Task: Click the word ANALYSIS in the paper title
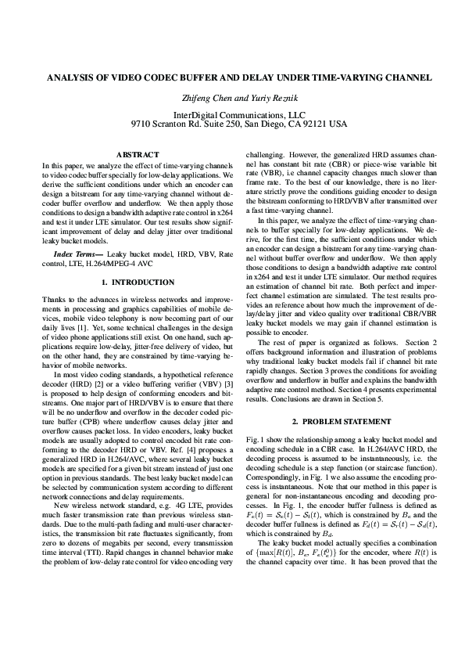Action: (x=72, y=78)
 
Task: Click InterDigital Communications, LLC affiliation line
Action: (x=232, y=114)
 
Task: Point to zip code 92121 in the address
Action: (x=314, y=124)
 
